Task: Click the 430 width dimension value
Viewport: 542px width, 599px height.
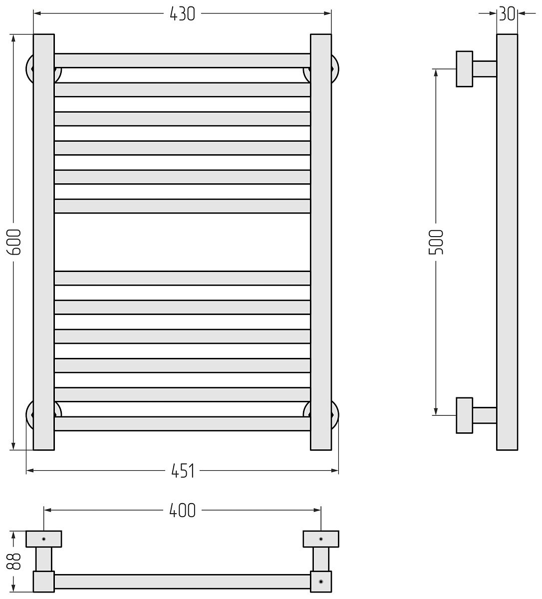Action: [182, 14]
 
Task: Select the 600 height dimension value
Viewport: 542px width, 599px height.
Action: [14, 242]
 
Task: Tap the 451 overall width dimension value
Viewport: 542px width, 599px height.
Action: [183, 471]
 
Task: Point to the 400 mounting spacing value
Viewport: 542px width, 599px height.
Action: [182, 510]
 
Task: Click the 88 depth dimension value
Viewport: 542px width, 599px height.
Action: [14, 561]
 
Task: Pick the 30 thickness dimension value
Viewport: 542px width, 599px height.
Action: [507, 14]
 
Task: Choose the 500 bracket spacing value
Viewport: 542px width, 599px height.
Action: [436, 242]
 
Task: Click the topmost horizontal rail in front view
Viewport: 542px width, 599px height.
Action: [182, 60]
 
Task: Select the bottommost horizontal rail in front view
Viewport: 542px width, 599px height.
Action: [182, 424]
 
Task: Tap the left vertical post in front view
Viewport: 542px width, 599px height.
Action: [43, 242]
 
